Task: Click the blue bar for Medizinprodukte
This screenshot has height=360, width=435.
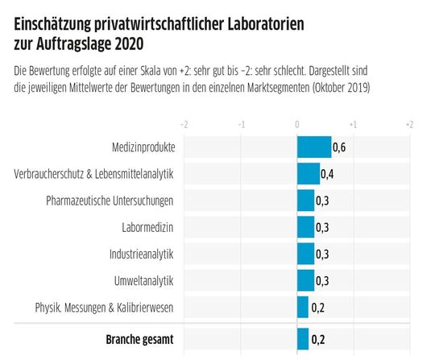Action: (x=314, y=147)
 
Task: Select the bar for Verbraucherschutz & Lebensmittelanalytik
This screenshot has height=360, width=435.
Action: (x=309, y=173)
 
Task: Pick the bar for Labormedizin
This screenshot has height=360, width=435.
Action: (x=306, y=226)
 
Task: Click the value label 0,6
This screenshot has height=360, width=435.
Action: (x=339, y=147)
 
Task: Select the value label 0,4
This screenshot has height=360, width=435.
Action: (x=328, y=174)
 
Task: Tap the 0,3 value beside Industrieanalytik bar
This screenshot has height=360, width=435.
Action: (x=322, y=254)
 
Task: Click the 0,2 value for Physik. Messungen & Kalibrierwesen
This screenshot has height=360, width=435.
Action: (x=317, y=307)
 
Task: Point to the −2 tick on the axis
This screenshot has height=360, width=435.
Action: (x=184, y=124)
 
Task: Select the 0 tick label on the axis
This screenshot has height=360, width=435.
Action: (x=297, y=124)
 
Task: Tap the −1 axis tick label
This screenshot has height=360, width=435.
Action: (x=241, y=124)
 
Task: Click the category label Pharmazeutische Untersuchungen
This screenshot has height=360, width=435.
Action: (x=110, y=200)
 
